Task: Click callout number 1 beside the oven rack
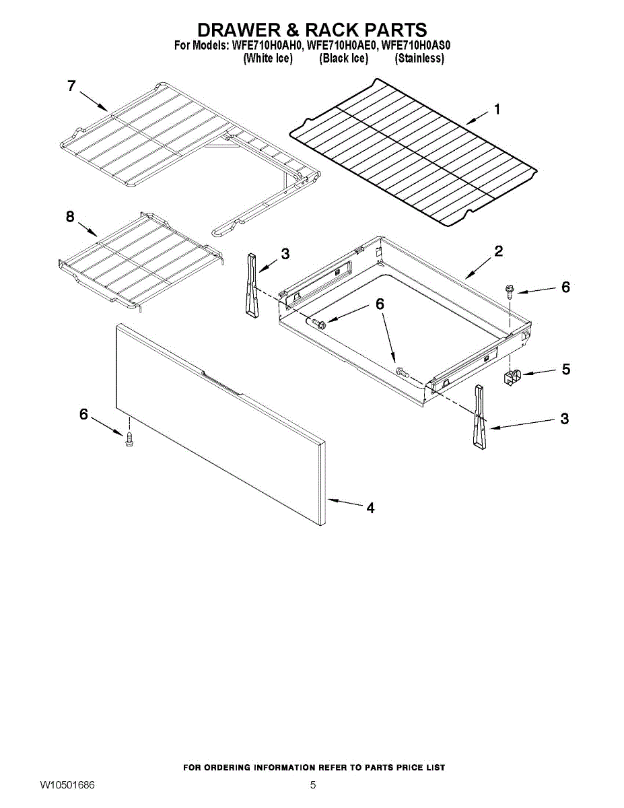point(497,109)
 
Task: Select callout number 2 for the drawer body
point(498,252)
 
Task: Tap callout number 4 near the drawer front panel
point(370,508)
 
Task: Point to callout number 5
point(565,369)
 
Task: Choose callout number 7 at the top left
point(71,86)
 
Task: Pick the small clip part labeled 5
point(514,376)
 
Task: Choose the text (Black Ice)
point(343,59)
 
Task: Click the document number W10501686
point(67,785)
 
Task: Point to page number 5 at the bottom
point(312,785)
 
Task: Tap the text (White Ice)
point(267,59)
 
